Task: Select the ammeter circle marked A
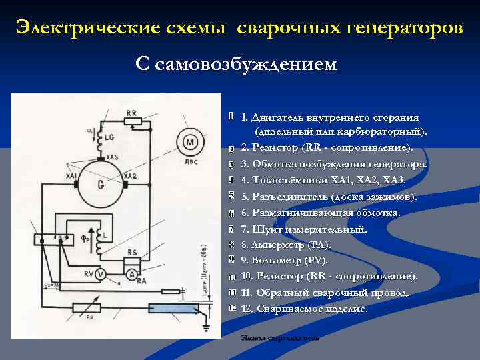click(132, 273)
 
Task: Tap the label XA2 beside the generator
click(130, 175)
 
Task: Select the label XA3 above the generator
click(111, 157)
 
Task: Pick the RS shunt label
click(132, 253)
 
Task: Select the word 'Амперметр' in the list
click(279, 245)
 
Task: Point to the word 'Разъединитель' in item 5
click(290, 196)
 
